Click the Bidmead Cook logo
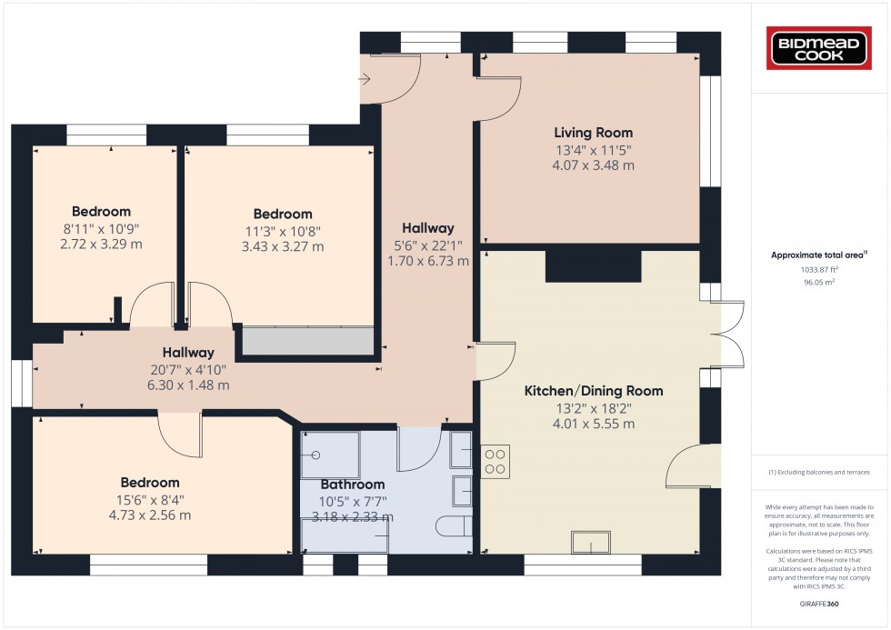coord(818,48)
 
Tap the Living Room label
coord(593,133)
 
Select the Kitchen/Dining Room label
coord(593,391)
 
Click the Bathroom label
coord(353,485)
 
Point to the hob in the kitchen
coord(495,461)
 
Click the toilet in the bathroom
coord(454,526)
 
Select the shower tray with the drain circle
coord(330,455)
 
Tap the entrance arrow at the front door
coord(365,79)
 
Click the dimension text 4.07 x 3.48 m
coord(593,165)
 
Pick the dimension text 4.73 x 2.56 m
coord(150,515)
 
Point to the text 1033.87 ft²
coord(819,270)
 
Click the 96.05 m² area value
coord(819,282)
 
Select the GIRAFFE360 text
coord(819,604)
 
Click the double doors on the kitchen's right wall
coord(726,334)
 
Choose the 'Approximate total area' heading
coord(819,255)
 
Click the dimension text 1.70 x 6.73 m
coord(428,261)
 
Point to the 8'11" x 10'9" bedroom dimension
coord(101,229)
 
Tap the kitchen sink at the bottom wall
coord(591,542)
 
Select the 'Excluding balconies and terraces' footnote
coord(819,472)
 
